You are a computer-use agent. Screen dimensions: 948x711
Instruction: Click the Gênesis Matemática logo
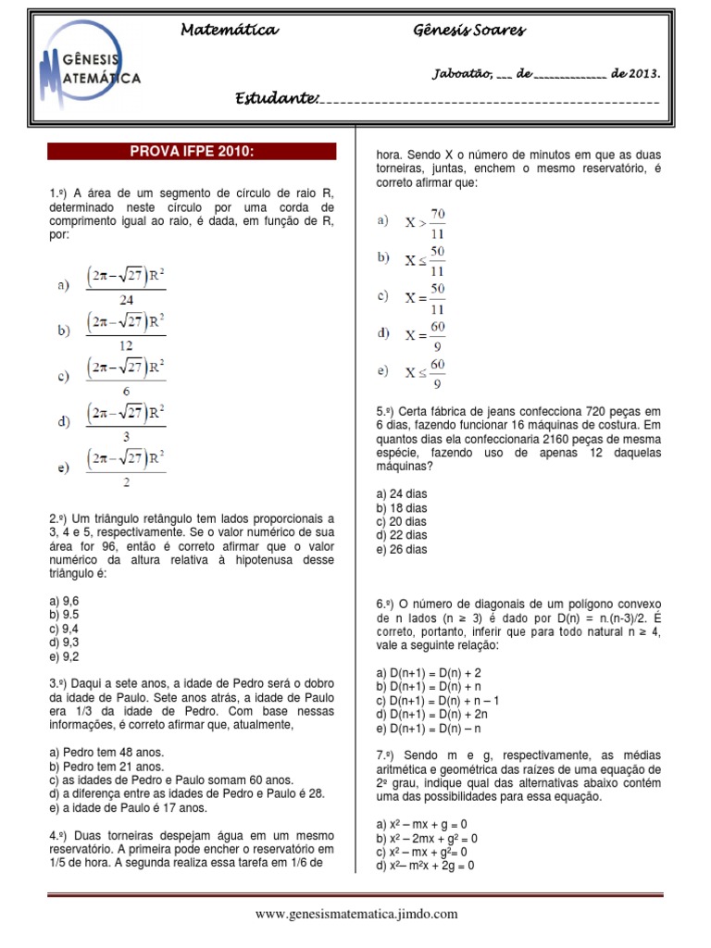91,70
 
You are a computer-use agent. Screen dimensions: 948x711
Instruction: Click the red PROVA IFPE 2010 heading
192,151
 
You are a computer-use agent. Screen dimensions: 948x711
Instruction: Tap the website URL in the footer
356,914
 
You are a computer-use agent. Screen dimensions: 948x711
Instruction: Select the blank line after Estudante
491,100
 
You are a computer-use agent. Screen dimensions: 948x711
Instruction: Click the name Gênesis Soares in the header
468,31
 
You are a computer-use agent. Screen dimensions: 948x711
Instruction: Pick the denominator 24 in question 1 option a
126,299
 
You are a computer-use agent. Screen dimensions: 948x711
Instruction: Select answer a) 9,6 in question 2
64,601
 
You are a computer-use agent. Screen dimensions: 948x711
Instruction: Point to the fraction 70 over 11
426,222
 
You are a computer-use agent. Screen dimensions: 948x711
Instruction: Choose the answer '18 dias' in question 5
402,507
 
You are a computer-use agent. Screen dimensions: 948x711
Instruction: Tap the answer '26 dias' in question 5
402,549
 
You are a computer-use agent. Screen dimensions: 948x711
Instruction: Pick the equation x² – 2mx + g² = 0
427,837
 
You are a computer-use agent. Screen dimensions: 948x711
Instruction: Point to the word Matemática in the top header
228,31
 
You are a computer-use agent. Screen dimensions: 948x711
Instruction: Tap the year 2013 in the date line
642,73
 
